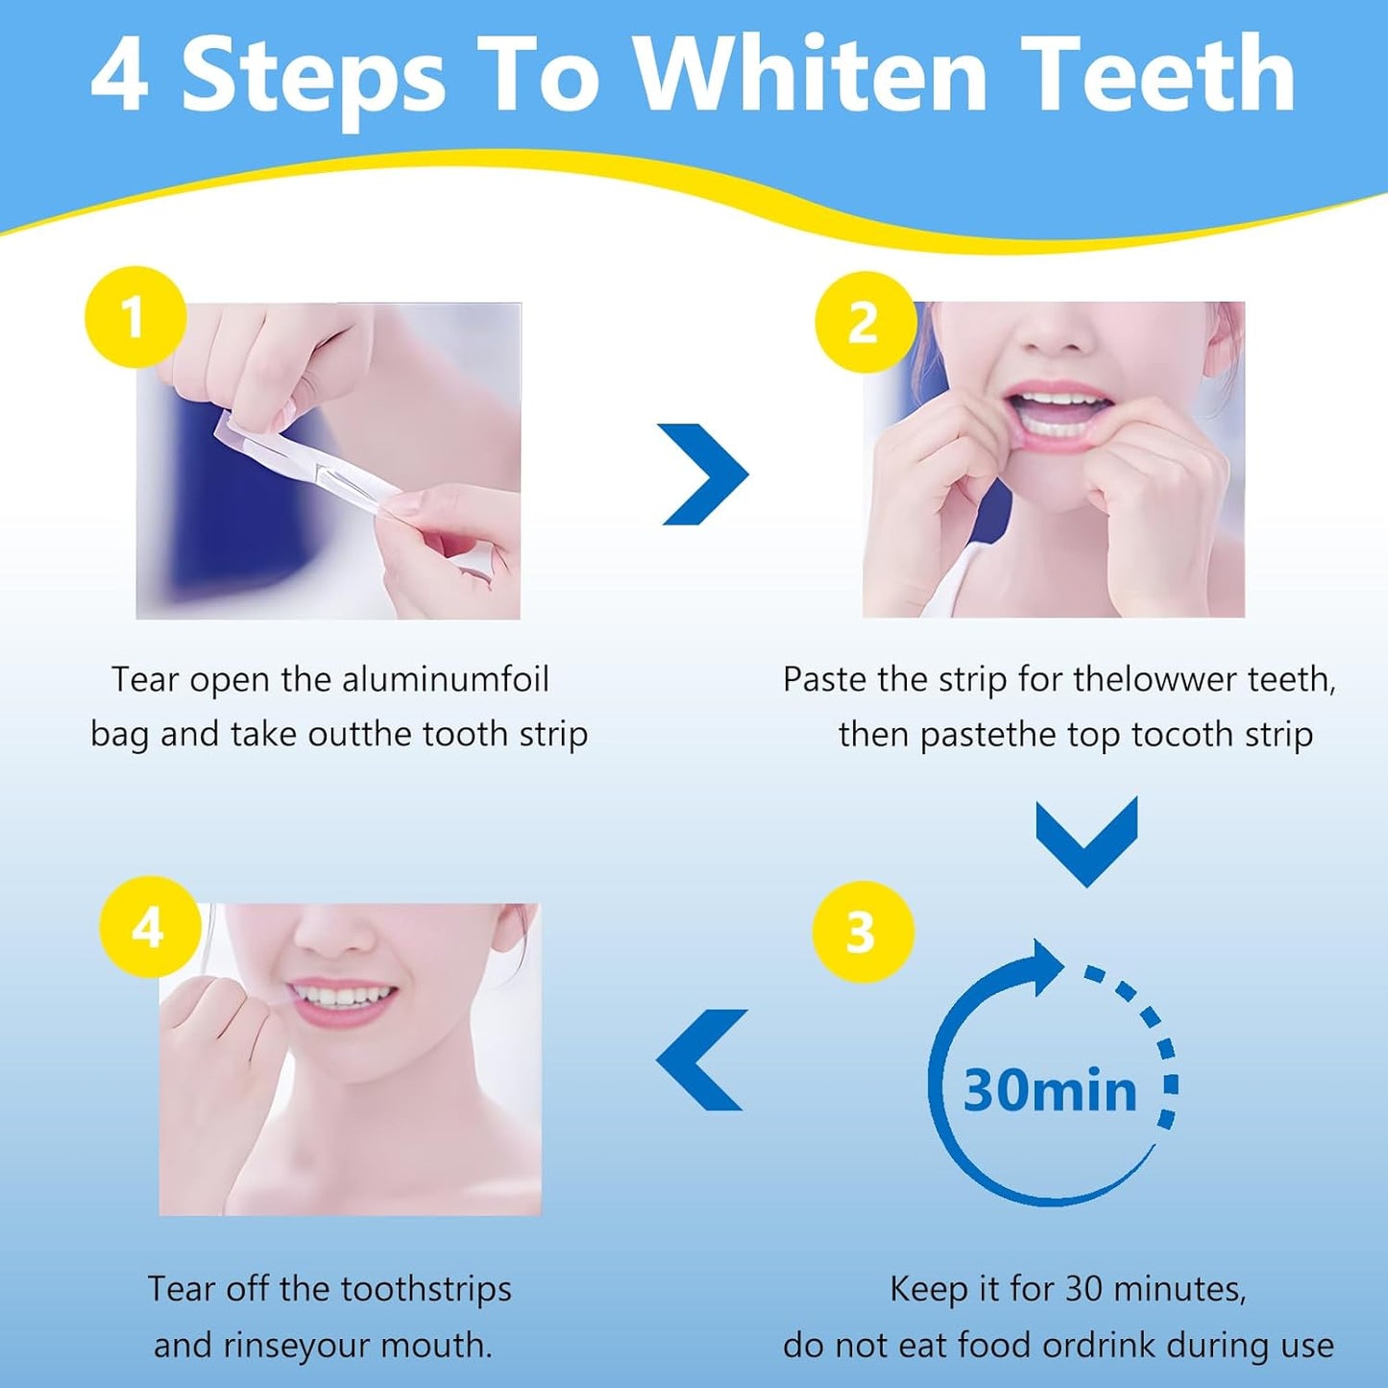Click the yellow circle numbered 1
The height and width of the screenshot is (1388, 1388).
(134, 317)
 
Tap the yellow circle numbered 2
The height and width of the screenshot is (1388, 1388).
(864, 322)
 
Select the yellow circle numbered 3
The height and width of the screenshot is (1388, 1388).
(862, 932)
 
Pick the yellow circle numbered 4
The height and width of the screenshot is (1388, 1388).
(150, 928)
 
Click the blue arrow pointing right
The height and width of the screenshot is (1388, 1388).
(708, 474)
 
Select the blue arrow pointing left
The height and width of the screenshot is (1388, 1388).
(703, 1059)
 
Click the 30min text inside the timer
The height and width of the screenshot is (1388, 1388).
(1049, 1090)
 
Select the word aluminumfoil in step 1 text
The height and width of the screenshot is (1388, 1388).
(445, 680)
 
